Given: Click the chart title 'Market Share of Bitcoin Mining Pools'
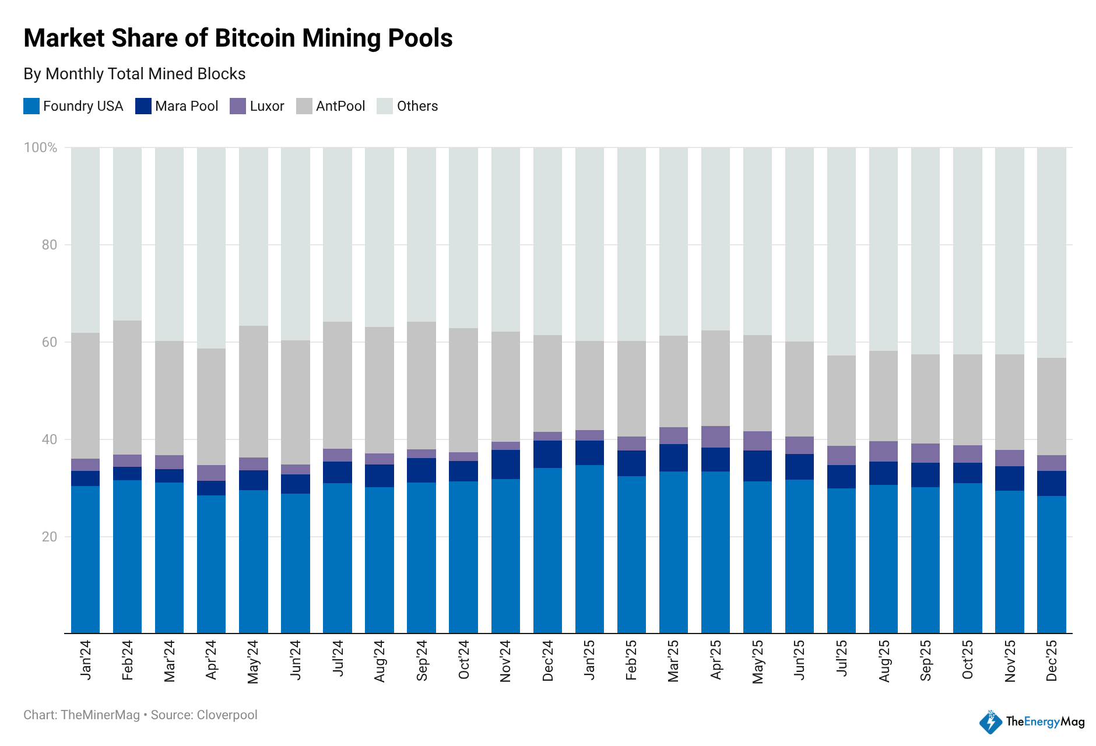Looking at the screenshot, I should (x=238, y=38).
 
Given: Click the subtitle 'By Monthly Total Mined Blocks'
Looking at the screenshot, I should (x=134, y=74).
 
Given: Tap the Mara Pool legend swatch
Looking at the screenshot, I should (x=143, y=106).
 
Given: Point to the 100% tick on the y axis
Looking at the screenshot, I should (x=40, y=147).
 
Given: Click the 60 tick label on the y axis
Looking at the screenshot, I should (x=50, y=342).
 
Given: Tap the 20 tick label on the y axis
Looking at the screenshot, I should (x=50, y=537).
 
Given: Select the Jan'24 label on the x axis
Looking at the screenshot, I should (x=86, y=660).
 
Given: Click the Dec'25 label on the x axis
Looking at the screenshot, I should (x=1052, y=660).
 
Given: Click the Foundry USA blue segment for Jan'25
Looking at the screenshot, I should (x=589, y=548).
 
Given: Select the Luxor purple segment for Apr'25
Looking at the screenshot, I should (x=715, y=437).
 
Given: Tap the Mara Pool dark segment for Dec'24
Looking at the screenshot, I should (x=547, y=454).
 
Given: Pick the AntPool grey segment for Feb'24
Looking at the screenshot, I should (x=127, y=388).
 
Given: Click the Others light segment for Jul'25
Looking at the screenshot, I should (x=841, y=251).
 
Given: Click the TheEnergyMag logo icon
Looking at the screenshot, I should (x=990, y=722).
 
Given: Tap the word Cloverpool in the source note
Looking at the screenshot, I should (x=227, y=715).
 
